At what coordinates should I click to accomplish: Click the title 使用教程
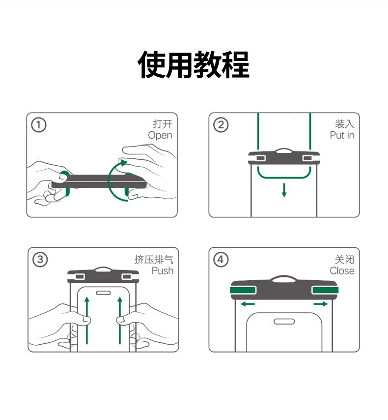tap(194, 64)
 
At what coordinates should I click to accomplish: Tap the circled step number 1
tap(38, 125)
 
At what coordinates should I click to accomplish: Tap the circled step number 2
tap(221, 125)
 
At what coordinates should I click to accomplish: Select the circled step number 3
tap(40, 259)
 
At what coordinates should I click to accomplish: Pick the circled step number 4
tap(221, 259)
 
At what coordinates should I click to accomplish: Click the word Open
tap(160, 135)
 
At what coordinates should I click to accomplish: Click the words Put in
tap(342, 135)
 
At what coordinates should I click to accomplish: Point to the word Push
tap(163, 270)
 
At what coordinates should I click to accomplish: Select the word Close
tap(342, 270)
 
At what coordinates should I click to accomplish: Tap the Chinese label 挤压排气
tap(154, 259)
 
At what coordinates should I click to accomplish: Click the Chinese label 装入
tap(344, 123)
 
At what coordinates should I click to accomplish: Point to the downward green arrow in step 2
tap(284, 190)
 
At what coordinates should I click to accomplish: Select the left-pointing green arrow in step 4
tap(248, 304)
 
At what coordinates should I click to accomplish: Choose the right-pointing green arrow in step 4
tap(321, 304)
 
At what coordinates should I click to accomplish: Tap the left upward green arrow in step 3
tap(87, 320)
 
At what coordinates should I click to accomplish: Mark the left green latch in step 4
tap(242, 290)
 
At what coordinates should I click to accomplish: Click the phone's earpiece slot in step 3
tap(104, 293)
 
